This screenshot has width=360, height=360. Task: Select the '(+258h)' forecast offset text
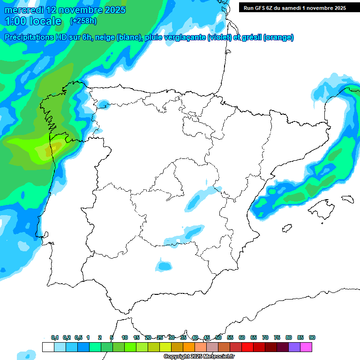(83, 21)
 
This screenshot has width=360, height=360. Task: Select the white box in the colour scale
(48, 347)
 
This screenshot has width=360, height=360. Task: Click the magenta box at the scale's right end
(306, 347)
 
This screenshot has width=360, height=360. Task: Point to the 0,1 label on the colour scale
(55, 337)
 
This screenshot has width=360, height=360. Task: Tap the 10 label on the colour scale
(125, 337)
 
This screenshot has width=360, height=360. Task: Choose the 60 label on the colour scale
(242, 337)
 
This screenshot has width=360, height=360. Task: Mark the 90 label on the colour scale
(312, 337)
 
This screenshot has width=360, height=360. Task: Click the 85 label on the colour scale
(300, 337)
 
